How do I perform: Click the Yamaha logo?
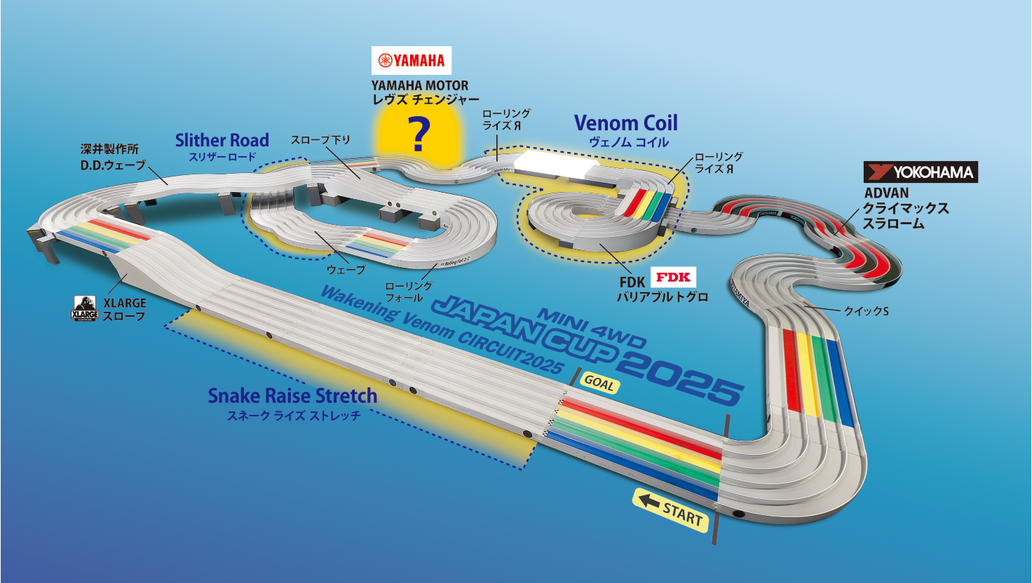412,60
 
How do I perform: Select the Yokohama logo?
921,172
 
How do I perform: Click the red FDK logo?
673,277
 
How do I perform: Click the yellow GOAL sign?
599,383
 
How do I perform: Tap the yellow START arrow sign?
671,510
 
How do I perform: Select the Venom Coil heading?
625,123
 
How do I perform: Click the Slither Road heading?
222,140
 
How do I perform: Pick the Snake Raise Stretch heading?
292,396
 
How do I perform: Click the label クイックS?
866,310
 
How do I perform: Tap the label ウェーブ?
346,270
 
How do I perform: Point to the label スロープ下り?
320,140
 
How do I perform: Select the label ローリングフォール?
409,291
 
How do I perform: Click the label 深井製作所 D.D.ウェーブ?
112,158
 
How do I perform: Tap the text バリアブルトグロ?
662,297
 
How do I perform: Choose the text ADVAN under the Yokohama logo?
886,193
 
